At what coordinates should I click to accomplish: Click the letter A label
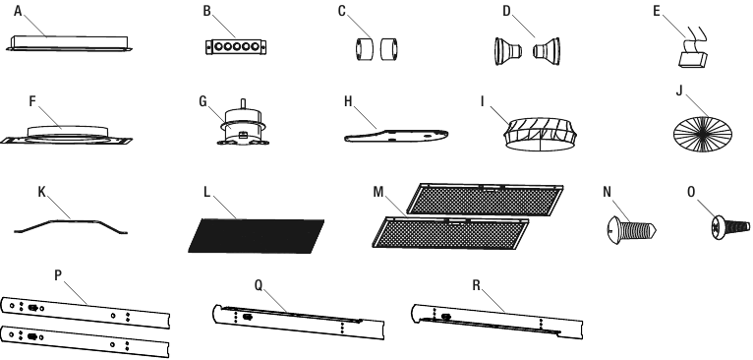18,11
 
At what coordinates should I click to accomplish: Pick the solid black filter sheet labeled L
256,232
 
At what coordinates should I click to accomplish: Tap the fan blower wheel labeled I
540,133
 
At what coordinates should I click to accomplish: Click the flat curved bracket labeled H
399,136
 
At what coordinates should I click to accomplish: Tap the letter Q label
260,283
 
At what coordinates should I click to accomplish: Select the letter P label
58,276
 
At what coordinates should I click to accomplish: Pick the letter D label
506,11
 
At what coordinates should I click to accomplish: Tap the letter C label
342,11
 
